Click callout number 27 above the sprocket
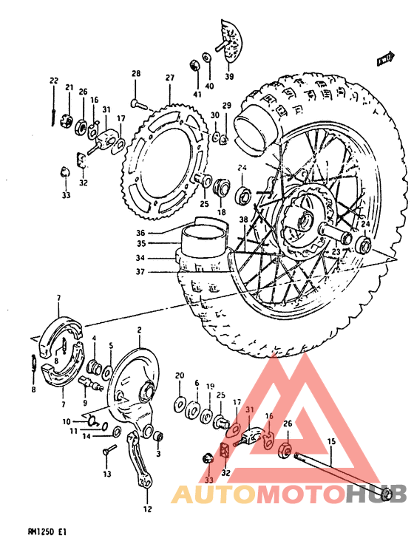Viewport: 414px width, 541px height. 169,78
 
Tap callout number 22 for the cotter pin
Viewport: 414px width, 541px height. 54,81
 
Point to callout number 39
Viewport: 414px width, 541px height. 229,77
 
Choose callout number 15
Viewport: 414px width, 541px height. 331,441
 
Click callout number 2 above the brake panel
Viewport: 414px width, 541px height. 138,330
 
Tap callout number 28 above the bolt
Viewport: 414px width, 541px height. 136,73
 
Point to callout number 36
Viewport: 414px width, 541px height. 161,231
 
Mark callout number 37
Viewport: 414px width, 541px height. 161,271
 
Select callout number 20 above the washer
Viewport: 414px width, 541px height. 180,376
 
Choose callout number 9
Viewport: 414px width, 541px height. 85,404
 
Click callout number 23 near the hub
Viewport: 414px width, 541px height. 336,252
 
